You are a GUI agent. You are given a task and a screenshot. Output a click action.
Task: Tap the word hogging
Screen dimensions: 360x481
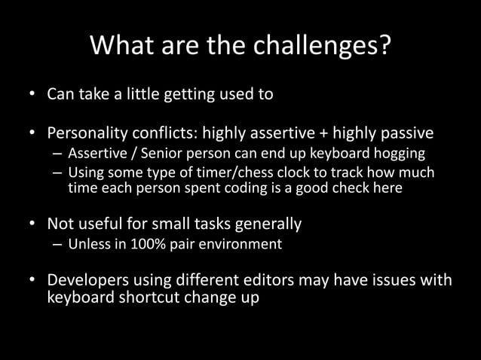[x=399, y=154]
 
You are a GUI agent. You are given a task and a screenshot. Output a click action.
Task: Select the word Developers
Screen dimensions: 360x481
[x=87, y=281]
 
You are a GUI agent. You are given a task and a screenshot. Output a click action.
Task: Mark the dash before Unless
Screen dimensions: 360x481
[x=57, y=244]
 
